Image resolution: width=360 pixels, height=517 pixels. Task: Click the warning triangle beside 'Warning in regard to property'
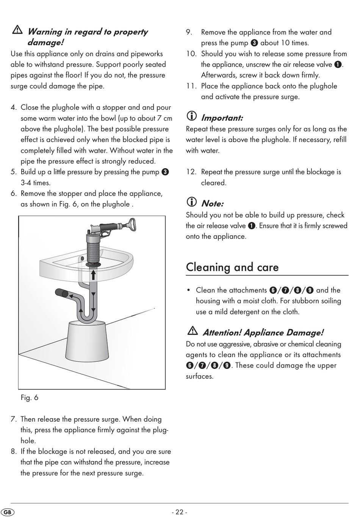17,30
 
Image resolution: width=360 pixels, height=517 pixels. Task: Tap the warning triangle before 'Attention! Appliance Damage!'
193,331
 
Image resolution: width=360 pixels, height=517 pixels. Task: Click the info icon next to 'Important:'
191,116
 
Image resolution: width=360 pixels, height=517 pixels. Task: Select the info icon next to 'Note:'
191,202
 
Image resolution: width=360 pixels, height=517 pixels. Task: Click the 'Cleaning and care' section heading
232,267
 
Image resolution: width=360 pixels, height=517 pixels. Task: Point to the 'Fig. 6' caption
29,397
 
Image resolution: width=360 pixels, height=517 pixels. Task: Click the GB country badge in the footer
8,512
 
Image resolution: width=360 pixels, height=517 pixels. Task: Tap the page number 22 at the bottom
179,512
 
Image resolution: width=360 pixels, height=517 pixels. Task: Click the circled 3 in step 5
165,172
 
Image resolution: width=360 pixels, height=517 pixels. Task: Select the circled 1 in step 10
338,65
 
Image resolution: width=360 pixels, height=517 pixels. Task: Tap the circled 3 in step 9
254,43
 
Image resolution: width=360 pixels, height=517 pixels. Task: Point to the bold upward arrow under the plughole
93,275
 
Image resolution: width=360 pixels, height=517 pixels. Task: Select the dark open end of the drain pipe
64,294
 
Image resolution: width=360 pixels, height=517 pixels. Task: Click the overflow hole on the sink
82,258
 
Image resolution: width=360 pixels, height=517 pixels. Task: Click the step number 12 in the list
191,172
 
